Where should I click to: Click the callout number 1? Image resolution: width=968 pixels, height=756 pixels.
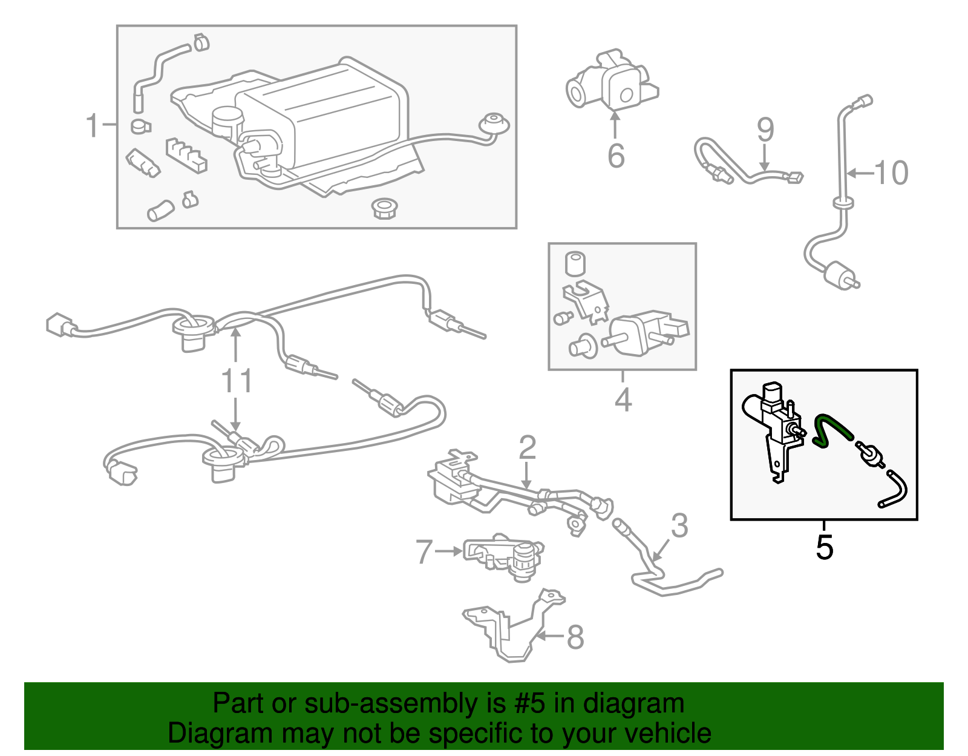tap(92, 126)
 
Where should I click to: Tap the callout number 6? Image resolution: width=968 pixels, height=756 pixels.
tap(616, 156)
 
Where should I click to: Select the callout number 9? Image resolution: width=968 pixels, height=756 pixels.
tap(765, 130)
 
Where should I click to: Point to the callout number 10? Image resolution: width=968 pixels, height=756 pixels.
tap(891, 173)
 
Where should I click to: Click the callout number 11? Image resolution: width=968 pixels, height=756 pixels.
tap(237, 381)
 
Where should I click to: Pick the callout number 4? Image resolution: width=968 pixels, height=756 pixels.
tap(623, 400)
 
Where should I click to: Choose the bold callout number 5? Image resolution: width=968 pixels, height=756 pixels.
tap(824, 547)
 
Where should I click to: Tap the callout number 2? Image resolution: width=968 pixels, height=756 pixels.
tap(528, 447)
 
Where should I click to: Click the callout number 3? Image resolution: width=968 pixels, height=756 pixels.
tap(679, 525)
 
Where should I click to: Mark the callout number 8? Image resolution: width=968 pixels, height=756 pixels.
tap(575, 637)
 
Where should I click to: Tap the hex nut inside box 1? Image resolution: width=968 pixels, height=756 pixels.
tap(384, 208)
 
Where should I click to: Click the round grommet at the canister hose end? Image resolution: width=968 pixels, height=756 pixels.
tap(494, 124)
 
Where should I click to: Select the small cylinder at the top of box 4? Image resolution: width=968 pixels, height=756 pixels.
tap(575, 263)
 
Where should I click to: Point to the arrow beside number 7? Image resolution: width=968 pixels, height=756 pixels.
tap(448, 551)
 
